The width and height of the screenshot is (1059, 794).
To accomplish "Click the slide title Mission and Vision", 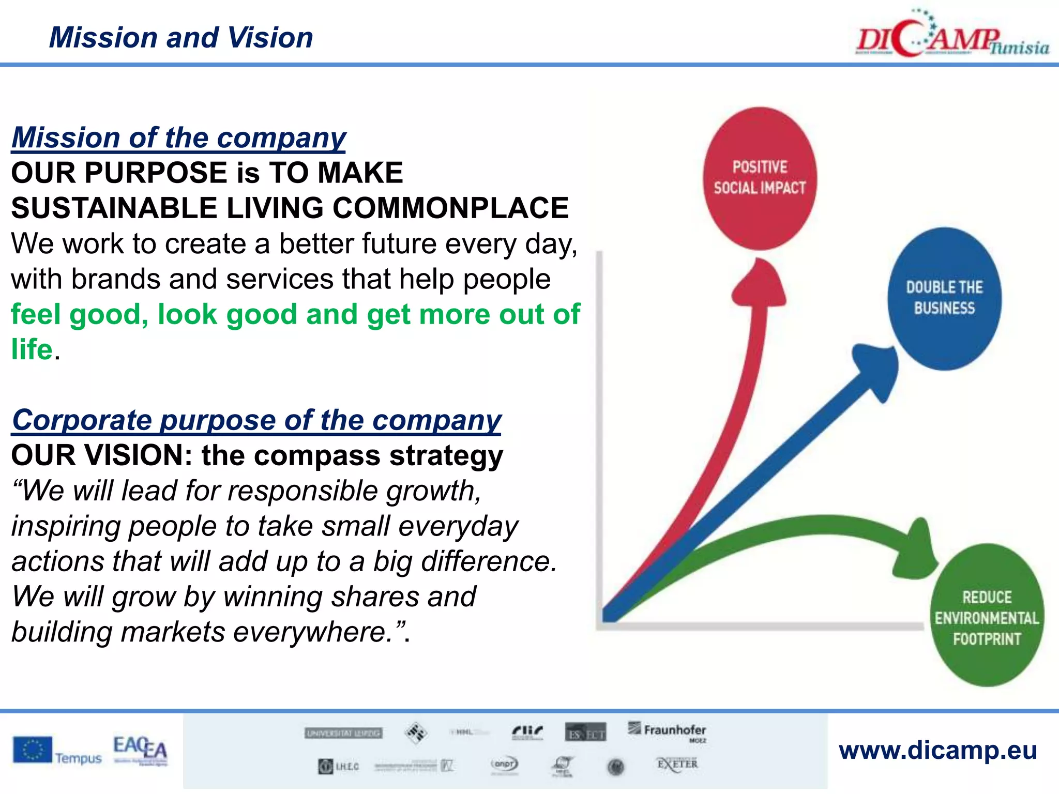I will pyautogui.click(x=181, y=38).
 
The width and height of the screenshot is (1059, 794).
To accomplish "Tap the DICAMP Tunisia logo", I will pyautogui.click(x=951, y=36).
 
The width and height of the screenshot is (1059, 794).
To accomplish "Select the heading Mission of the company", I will pyautogui.click(x=179, y=138).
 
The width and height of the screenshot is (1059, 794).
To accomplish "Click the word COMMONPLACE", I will pyautogui.click(x=450, y=208).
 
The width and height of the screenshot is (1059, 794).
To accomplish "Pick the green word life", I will pyautogui.click(x=32, y=349).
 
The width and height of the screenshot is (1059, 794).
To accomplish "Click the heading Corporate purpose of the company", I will pyautogui.click(x=256, y=420).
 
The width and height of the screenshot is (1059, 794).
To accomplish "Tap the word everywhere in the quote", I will pyautogui.click(x=312, y=632).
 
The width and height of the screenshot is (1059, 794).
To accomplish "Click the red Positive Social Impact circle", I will pyautogui.click(x=760, y=178).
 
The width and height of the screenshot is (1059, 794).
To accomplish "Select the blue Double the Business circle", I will pyautogui.click(x=944, y=298).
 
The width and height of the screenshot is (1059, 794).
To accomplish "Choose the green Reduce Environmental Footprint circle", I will pyautogui.click(x=987, y=615).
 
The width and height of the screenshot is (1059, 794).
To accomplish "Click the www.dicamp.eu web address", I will pyautogui.click(x=937, y=750).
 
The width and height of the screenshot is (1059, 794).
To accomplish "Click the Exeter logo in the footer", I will pyautogui.click(x=677, y=764).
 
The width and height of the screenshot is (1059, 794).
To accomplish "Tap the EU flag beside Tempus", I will pyautogui.click(x=33, y=750).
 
